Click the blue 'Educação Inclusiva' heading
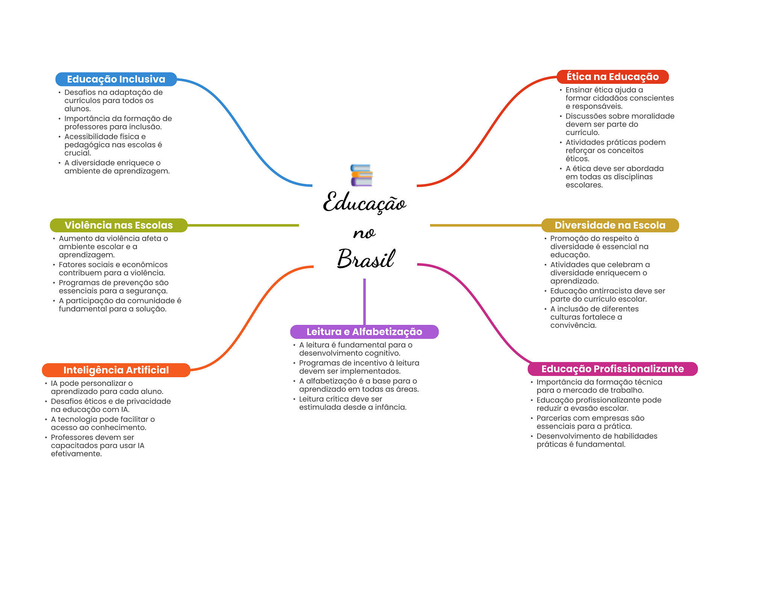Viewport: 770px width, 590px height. pyautogui.click(x=116, y=79)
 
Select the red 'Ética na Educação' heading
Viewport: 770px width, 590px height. pyautogui.click(x=612, y=77)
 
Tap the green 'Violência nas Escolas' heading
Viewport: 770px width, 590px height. pyautogui.click(x=118, y=225)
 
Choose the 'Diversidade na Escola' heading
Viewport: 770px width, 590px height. pyautogui.click(x=610, y=225)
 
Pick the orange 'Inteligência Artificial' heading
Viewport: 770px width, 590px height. pyautogui.click(x=116, y=370)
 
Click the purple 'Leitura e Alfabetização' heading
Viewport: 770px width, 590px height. pyautogui.click(x=364, y=332)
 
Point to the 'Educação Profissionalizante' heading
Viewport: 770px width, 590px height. pyautogui.click(x=612, y=369)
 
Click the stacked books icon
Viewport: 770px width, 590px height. pyautogui.click(x=361, y=175)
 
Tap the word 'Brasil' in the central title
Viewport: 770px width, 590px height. pyautogui.click(x=366, y=258)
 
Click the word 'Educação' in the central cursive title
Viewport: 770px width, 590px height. pyautogui.click(x=365, y=202)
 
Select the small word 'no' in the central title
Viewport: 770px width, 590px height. pyautogui.click(x=364, y=234)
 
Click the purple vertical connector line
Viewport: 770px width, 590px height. pyautogui.click(x=364, y=302)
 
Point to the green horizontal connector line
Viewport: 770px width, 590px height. pyautogui.click(x=243, y=225)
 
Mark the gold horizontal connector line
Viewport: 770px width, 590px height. pyautogui.click(x=486, y=225)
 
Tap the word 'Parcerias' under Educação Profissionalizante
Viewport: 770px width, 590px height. pyautogui.click(x=552, y=418)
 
